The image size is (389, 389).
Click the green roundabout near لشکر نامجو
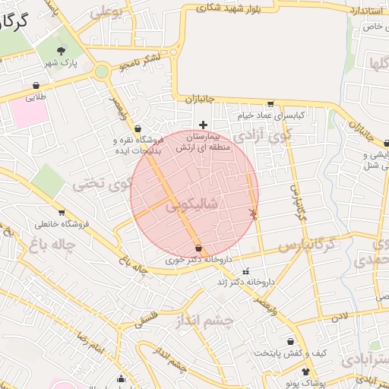(x=101, y=71)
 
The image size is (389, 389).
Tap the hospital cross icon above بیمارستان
(x=202, y=125)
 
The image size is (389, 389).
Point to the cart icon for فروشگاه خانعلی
(x=61, y=213)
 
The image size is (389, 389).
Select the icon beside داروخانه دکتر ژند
(x=245, y=271)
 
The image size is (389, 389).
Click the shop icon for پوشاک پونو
(x=306, y=372)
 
